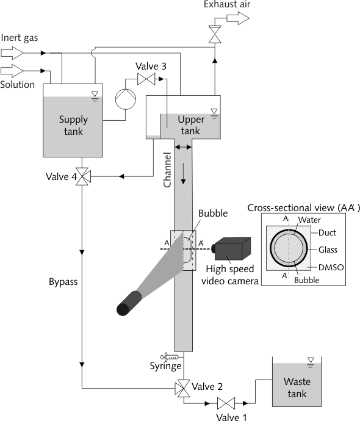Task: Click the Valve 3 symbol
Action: pos(146,79)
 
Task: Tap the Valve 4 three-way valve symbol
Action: pos(82,176)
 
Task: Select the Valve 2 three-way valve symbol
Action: pos(183,388)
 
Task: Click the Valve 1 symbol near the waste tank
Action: pos(226,403)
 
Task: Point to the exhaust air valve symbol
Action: pos(215,34)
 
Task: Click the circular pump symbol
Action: pos(125,99)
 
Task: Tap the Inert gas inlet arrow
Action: pos(12,53)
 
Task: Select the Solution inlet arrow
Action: pos(12,71)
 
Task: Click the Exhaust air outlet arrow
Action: pos(238,18)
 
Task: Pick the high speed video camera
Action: pos(231,248)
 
